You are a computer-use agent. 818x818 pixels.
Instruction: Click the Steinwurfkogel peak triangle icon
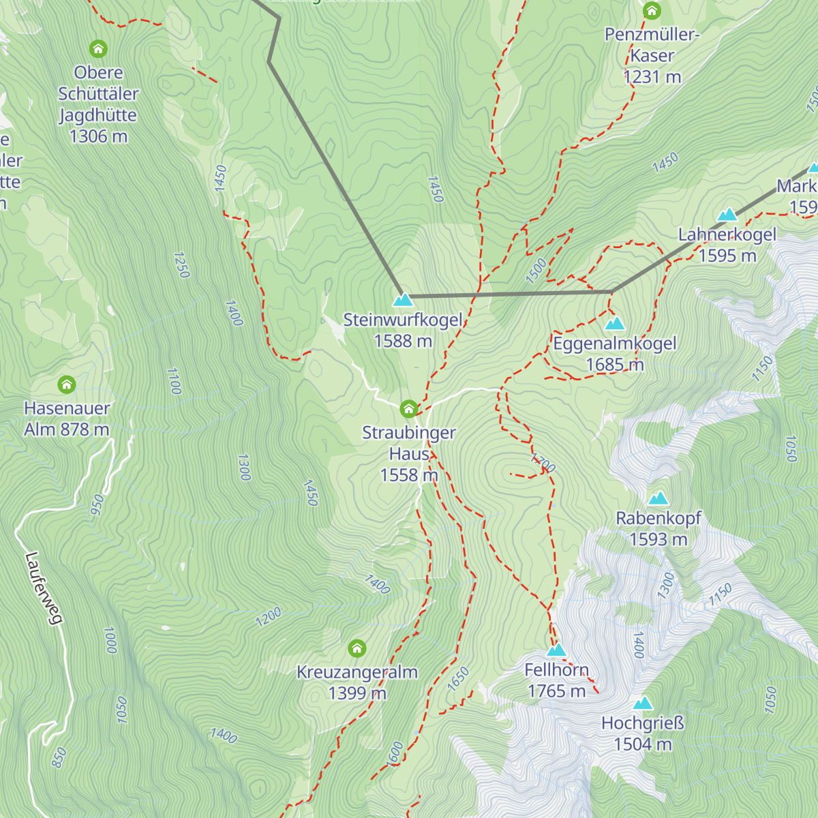pyautogui.click(x=403, y=299)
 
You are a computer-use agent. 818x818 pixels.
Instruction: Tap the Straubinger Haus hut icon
pyautogui.click(x=408, y=409)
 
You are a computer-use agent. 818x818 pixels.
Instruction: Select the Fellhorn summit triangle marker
pyautogui.click(x=556, y=650)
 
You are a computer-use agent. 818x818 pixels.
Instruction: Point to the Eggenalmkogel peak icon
pyautogui.click(x=615, y=322)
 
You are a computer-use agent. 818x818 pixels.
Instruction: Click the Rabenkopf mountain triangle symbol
pyautogui.click(x=658, y=498)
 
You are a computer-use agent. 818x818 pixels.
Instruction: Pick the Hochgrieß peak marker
pyautogui.click(x=642, y=703)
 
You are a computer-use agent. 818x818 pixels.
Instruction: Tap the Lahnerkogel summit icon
pyautogui.click(x=727, y=215)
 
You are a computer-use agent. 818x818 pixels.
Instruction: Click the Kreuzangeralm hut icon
pyautogui.click(x=357, y=648)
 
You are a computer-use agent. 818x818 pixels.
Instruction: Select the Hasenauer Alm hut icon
pyautogui.click(x=67, y=384)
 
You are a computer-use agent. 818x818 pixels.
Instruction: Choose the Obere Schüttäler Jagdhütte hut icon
pyautogui.click(x=98, y=48)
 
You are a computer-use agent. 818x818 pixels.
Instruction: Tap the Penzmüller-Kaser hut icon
pyautogui.click(x=652, y=10)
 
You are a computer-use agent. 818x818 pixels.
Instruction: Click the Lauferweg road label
pyautogui.click(x=44, y=588)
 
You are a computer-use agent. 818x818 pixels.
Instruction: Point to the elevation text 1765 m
pyautogui.click(x=556, y=691)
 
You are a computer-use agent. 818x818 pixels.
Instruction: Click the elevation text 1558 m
pyautogui.click(x=408, y=475)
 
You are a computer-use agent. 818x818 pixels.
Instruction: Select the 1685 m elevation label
pyautogui.click(x=614, y=365)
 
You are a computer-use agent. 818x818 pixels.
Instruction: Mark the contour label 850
pyautogui.click(x=59, y=757)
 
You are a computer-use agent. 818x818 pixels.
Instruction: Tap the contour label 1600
pyautogui.click(x=395, y=753)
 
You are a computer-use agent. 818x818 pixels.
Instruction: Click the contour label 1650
pyautogui.click(x=459, y=678)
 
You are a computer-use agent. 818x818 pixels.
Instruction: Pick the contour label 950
pyautogui.click(x=97, y=505)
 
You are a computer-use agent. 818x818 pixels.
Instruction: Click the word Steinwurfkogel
pyautogui.click(x=403, y=320)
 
